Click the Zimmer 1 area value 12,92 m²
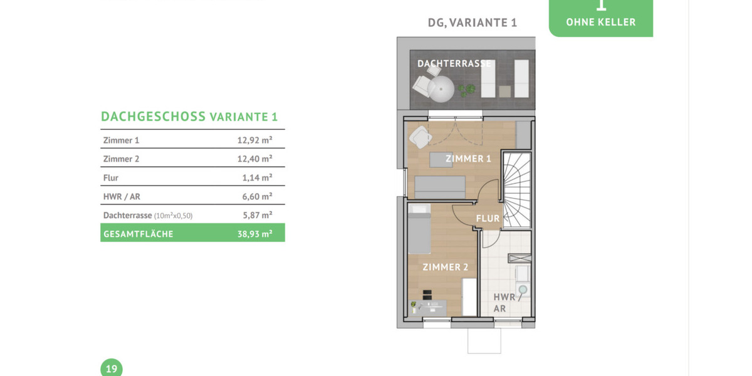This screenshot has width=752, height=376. coord(254,140)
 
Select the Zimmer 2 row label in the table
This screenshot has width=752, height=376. coord(122,159)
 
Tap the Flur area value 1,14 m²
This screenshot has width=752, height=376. coord(257,178)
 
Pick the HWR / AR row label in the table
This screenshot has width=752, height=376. coord(122,197)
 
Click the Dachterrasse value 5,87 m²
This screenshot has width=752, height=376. coord(257,215)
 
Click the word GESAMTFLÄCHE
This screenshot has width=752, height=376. coord(138,234)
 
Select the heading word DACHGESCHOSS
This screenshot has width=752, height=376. coord(153,117)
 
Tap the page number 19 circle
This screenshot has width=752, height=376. coord(112,368)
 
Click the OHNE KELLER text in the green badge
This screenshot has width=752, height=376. coord(600,23)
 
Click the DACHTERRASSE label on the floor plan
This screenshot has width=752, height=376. coord(454,64)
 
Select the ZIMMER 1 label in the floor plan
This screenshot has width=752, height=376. coord(468,159)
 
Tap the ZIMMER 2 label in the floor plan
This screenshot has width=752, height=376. coord(445,267)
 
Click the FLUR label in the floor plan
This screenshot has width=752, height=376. coord(488,219)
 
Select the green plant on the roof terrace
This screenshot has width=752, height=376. coord(465,90)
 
